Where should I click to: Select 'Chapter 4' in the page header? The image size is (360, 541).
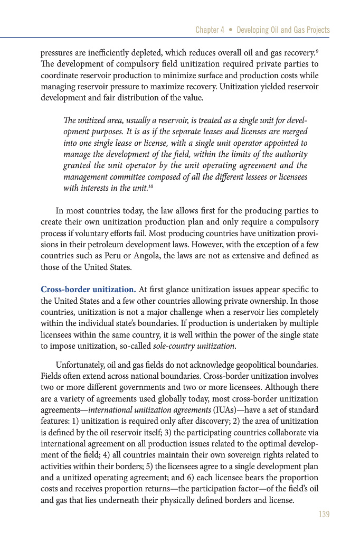(210, 30)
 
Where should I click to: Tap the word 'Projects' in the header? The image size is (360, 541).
(315, 30)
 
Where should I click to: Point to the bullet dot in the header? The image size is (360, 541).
(230, 30)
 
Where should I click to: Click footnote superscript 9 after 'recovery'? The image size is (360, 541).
(317, 51)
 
